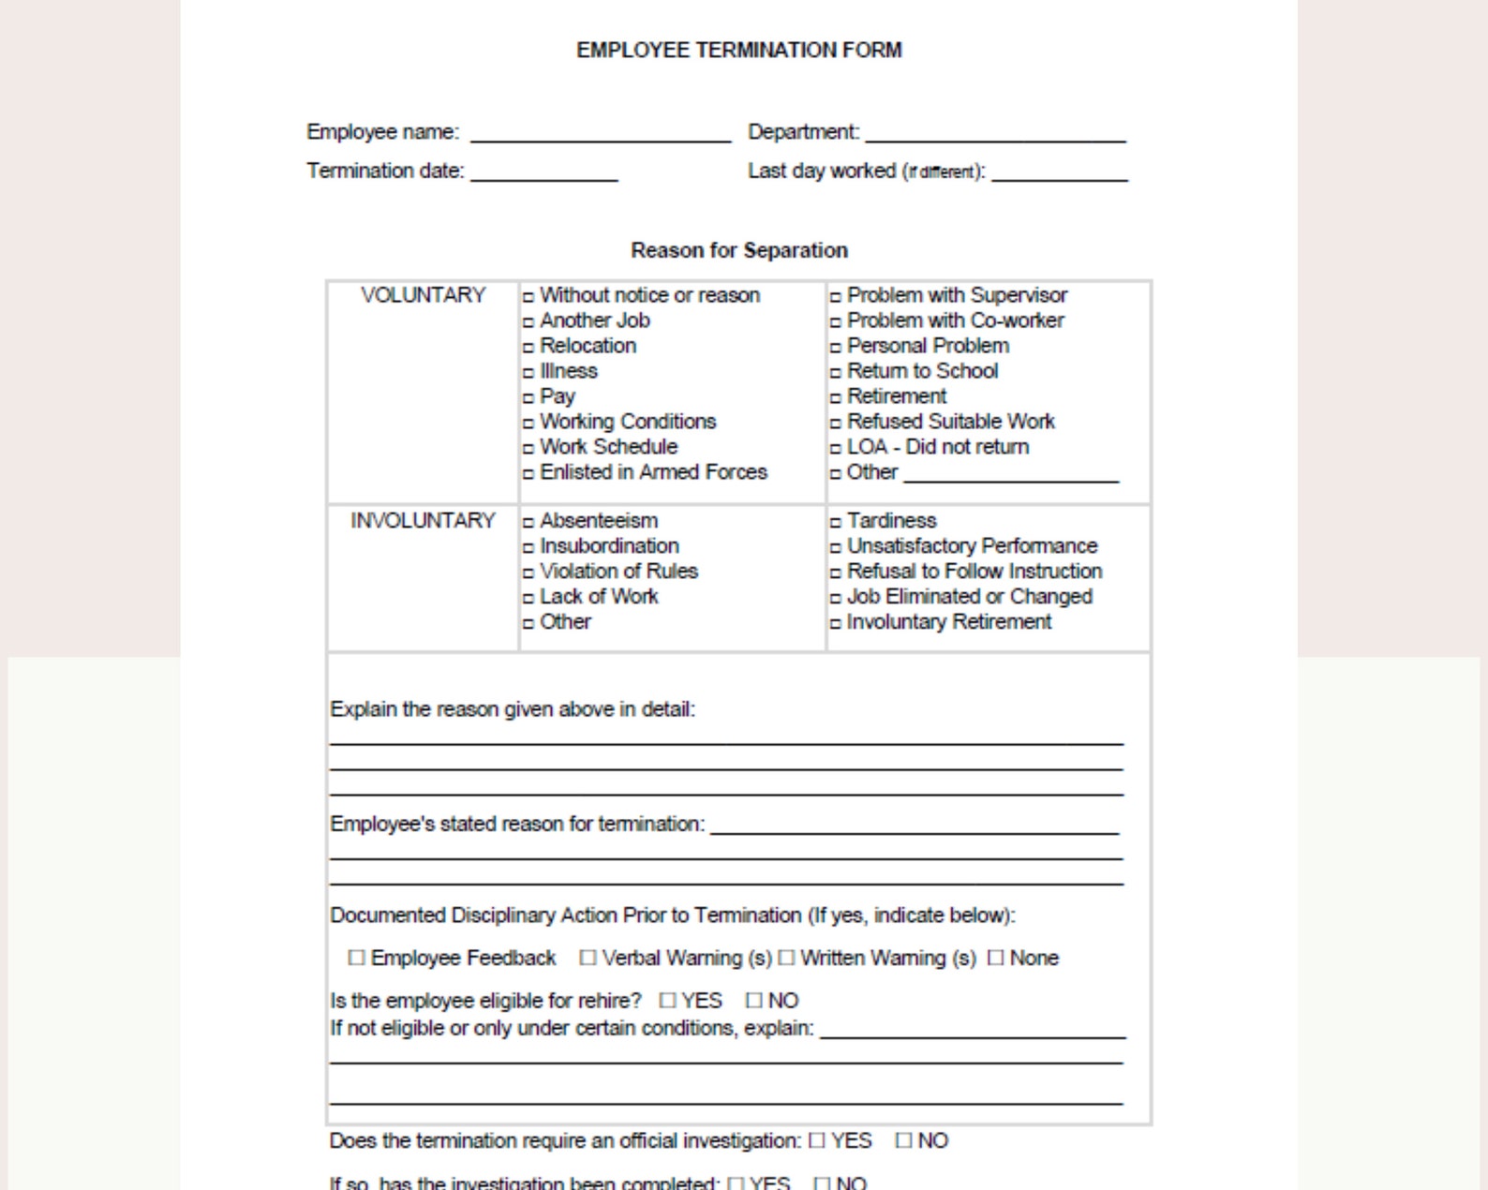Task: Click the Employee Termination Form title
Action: click(x=738, y=51)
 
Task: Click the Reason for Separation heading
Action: click(x=738, y=250)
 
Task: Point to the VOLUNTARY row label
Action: click(x=423, y=295)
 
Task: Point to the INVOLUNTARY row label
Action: click(x=423, y=521)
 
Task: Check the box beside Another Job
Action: click(x=528, y=322)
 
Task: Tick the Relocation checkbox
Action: click(x=528, y=348)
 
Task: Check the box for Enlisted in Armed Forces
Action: click(x=528, y=474)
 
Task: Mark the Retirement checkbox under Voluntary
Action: click(x=836, y=398)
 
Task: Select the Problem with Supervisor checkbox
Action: click(x=836, y=297)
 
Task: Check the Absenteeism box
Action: click(x=528, y=523)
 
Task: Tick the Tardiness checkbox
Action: click(x=836, y=523)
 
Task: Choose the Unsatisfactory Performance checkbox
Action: click(x=836, y=548)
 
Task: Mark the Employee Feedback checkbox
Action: click(x=356, y=958)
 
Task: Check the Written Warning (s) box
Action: click(x=786, y=958)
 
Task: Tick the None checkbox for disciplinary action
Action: click(x=995, y=958)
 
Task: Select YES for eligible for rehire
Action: click(x=667, y=1001)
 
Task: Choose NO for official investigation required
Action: click(x=903, y=1140)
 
